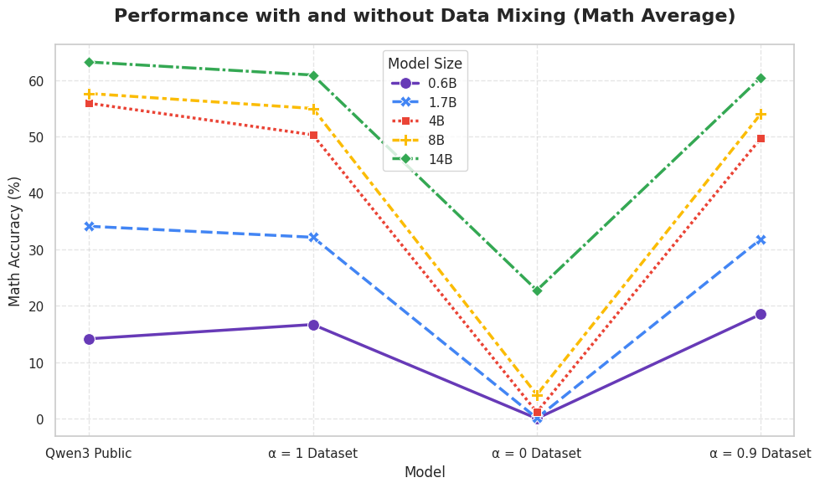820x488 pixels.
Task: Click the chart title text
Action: coord(425,16)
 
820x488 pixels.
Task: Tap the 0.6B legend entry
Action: coord(424,84)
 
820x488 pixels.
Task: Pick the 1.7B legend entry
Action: coord(424,102)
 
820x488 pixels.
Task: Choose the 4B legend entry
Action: coord(418,121)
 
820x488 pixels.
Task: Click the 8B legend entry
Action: coord(418,140)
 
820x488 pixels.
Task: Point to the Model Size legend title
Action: coord(425,64)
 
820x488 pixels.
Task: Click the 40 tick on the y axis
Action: coord(39,193)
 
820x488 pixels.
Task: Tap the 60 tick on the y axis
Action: coord(39,81)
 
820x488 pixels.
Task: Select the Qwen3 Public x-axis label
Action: coord(89,453)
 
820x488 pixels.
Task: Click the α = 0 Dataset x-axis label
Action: coord(537,453)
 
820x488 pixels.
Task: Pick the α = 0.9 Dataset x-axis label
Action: coord(761,453)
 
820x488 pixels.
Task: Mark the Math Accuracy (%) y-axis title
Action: coord(14,241)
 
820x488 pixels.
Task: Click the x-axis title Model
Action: coord(425,472)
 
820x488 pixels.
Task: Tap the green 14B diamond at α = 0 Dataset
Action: coord(537,290)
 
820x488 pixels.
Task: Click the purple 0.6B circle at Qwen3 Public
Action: coord(89,339)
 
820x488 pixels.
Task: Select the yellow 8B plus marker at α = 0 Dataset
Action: coord(537,395)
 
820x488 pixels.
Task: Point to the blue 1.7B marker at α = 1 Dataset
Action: coord(313,237)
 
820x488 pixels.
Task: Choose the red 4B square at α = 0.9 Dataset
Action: coord(761,138)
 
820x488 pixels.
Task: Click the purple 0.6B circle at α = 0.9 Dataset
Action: coord(761,314)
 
